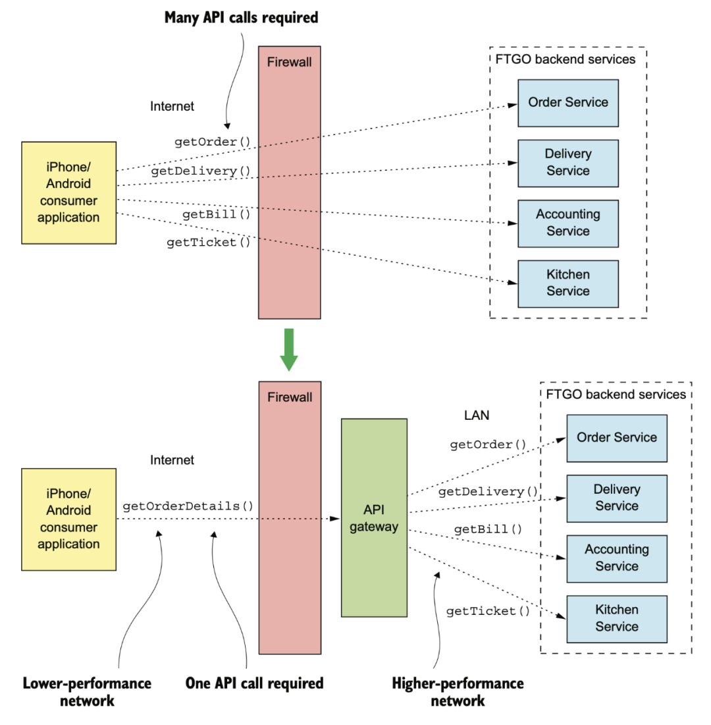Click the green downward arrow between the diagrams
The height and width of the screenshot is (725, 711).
(289, 349)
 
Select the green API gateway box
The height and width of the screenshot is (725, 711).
(374, 518)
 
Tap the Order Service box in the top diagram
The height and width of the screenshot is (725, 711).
(568, 103)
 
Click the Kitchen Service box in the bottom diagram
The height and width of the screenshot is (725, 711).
(617, 619)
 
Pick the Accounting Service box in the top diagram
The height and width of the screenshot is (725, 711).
(568, 223)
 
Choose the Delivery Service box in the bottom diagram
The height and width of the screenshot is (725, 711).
(617, 498)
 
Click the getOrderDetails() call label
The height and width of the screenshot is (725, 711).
(188, 506)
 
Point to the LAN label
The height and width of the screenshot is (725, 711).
(477, 415)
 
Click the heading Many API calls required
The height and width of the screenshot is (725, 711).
(241, 18)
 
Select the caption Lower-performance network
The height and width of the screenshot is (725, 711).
(87, 691)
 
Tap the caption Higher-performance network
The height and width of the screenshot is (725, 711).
(458, 691)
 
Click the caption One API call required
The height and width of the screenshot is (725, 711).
(254, 683)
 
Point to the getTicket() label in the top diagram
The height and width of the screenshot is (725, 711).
(208, 243)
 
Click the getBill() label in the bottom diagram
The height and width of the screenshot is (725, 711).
(488, 529)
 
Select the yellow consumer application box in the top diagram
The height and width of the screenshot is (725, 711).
(69, 193)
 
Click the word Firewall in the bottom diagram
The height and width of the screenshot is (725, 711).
(290, 397)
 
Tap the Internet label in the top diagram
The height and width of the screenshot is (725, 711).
(172, 106)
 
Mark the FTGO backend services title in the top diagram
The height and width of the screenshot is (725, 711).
(565, 59)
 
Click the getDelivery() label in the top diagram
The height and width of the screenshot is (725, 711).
(201, 171)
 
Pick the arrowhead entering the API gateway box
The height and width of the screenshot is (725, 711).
(336, 519)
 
